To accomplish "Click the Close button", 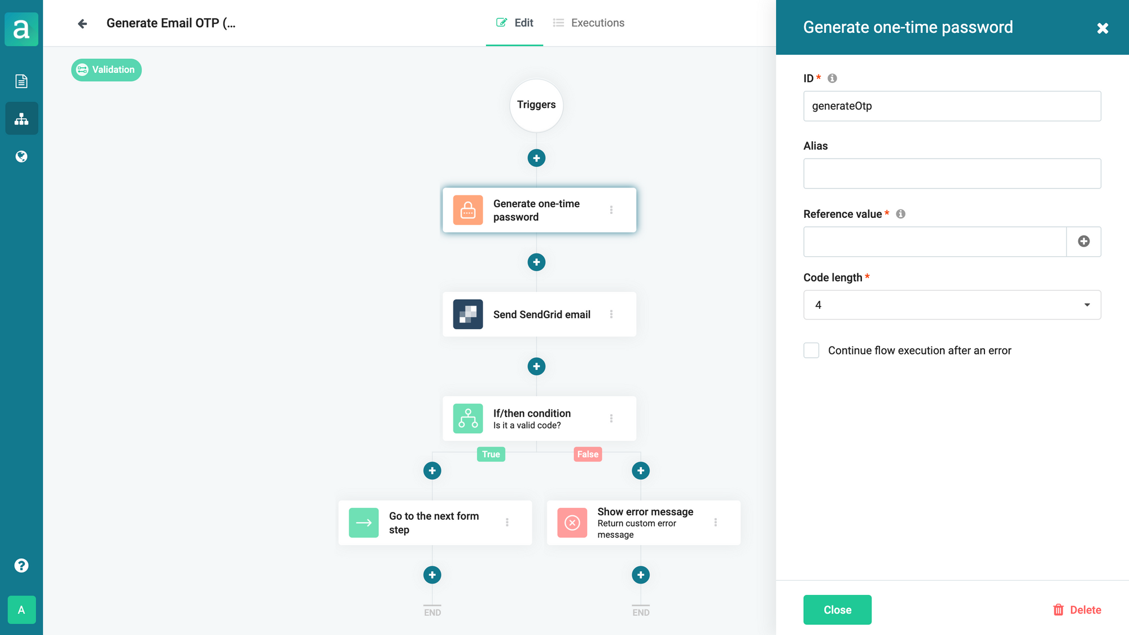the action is tap(837, 610).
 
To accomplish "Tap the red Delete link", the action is tap(1077, 610).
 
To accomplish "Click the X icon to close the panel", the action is tap(1102, 28).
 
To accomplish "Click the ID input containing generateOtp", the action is tap(952, 106).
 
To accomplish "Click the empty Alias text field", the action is tap(952, 173).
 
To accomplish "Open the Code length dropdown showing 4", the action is tap(952, 305).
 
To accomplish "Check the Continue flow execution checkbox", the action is tap(811, 351).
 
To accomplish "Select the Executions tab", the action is tap(589, 23).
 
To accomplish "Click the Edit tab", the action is tap(514, 23).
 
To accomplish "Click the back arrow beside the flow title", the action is tap(82, 24).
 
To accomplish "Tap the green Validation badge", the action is tap(106, 70).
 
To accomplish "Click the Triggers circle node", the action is tap(536, 105).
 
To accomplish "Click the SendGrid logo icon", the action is tap(468, 314).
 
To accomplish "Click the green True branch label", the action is tap(491, 454).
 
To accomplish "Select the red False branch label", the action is tap(588, 454).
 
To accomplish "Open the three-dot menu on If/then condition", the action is tap(611, 418).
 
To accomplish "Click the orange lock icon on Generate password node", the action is tap(468, 210).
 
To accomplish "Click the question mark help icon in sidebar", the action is tap(21, 566).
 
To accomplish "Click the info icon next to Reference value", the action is tap(900, 214).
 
